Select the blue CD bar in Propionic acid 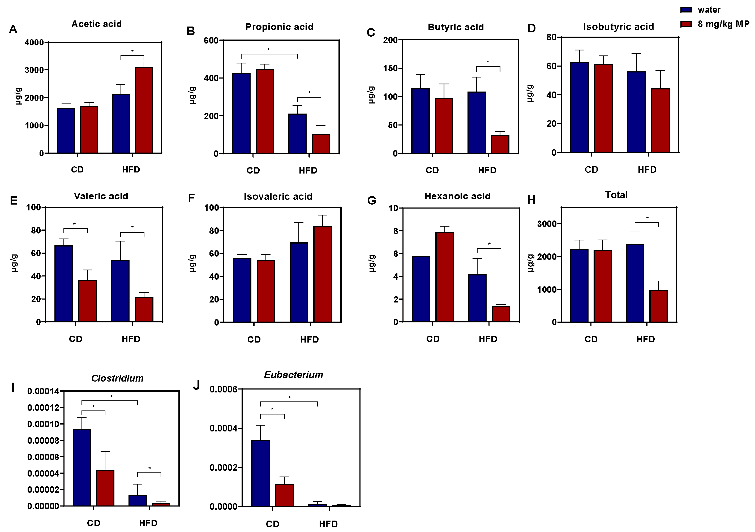pos(241,113)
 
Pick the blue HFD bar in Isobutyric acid pos(636,112)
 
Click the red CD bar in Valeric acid pos(87,301)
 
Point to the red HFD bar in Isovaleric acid pos(322,274)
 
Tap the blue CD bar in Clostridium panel pos(82,467)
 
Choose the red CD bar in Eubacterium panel pos(284,495)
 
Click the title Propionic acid pos(279,27)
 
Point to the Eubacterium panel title pos(293,375)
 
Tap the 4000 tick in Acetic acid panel pos(34,42)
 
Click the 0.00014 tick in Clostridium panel pos(43,391)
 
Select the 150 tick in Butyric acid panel pos(390,68)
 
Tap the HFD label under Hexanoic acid pos(488,339)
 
